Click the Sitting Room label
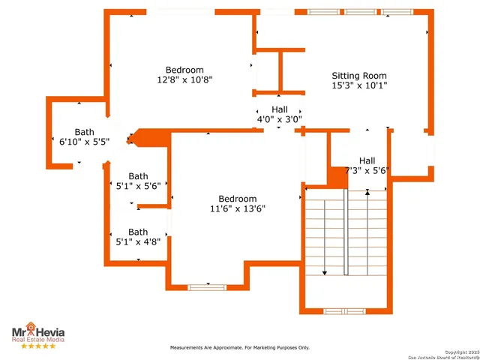359,76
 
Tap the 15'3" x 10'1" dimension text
359,85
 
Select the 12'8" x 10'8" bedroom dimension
184,79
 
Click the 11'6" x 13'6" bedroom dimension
237,208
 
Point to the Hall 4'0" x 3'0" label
279,114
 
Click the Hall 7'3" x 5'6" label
367,166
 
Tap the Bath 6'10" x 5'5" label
84,136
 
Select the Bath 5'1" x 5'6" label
138,181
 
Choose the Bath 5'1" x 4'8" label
138,237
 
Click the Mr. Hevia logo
37,331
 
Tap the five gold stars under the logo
37,346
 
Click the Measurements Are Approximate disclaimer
239,348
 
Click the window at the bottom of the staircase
344,310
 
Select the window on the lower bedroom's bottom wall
208,286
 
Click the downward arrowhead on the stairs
324,273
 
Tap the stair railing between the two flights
346,232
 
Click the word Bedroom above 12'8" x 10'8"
184,70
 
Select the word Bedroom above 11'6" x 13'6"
237,199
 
